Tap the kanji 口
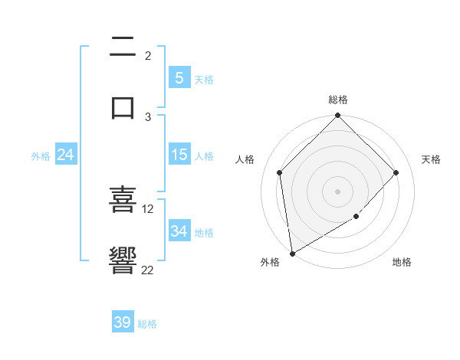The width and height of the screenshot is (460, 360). pos(123,107)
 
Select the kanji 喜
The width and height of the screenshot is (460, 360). pos(123,199)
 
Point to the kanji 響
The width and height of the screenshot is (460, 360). pos(123,260)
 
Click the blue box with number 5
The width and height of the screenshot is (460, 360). pos(179,78)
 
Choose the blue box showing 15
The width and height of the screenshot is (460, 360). pos(179,155)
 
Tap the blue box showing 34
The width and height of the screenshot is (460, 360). pos(179,231)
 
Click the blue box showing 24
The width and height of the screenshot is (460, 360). pos(66,155)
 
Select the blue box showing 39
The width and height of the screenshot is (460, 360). pos(123,322)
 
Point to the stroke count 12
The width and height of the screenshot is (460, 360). pos(148,208)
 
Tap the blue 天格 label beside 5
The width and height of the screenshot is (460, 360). pos(204,79)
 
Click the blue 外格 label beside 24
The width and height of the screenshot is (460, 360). pos(41,155)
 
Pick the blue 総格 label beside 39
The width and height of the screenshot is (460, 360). pos(147,324)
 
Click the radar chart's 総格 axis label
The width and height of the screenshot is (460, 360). pos(338,100)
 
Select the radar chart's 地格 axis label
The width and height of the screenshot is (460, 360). pos(402,262)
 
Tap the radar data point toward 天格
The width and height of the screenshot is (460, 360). pos(396,172)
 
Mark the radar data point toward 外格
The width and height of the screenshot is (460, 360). pos(292,254)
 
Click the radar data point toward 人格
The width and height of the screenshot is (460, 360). pos(280,172)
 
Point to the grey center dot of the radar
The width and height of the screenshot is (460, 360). pos(338,191)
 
